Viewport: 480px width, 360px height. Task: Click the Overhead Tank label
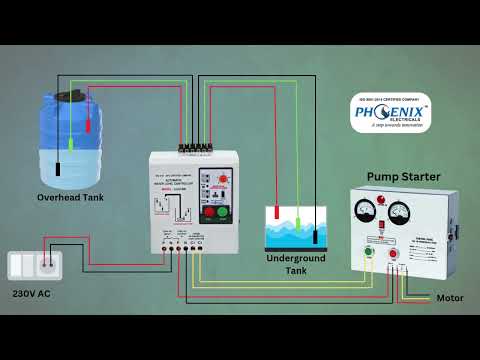click(70, 197)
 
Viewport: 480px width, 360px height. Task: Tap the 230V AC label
click(33, 295)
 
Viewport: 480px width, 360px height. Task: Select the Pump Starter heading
click(403, 177)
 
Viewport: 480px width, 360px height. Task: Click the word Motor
click(450, 298)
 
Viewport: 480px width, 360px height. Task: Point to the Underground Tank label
click(295, 264)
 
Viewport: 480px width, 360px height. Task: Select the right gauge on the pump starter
click(403, 213)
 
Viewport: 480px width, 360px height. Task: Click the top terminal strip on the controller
click(195, 148)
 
